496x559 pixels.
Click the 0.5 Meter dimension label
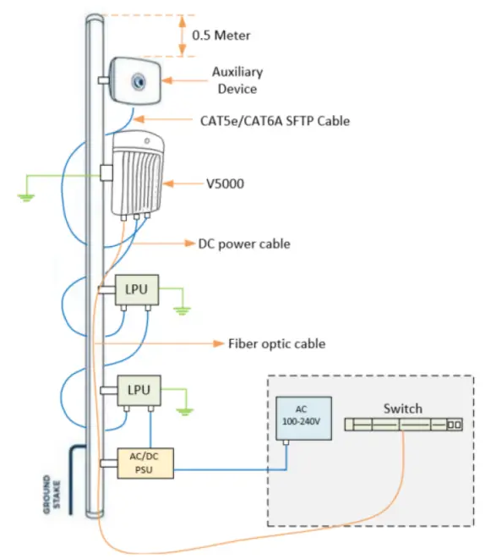click(222, 36)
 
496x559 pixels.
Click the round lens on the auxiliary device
click(138, 80)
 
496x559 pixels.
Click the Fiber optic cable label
click(276, 344)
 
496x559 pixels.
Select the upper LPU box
click(134, 290)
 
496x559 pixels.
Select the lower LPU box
click(134, 389)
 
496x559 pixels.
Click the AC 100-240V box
click(301, 415)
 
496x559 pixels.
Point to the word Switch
click(402, 408)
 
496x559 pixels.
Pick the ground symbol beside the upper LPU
click(183, 309)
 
